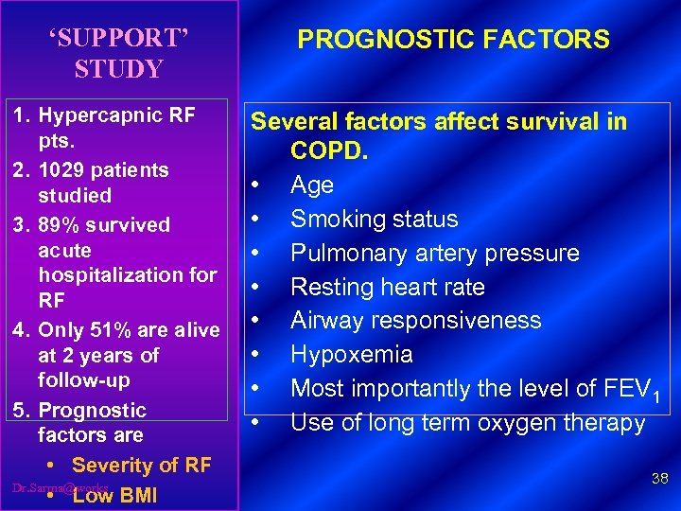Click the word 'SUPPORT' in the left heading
point(119,39)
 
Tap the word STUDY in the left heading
point(119,69)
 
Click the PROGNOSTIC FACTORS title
point(453,39)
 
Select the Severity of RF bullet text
point(141,466)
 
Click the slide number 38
point(659,480)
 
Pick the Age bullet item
point(311,185)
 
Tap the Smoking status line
point(374,219)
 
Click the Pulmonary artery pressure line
point(434,253)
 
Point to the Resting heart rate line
point(387,287)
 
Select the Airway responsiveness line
point(415,320)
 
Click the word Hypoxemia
point(351,354)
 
